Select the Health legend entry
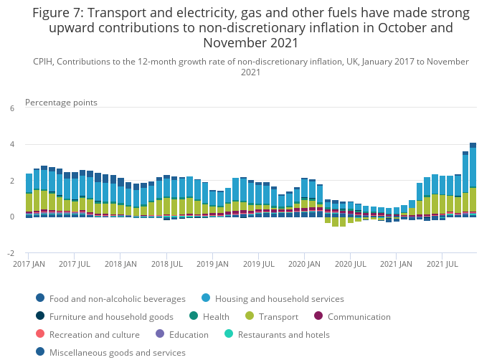[x=215, y=316]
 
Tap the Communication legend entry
[x=359, y=316]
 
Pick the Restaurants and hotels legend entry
[x=283, y=334]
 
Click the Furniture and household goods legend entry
[x=112, y=316]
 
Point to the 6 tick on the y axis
[x=11, y=108]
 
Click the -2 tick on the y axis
[x=11, y=253]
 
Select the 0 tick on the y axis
[x=11, y=217]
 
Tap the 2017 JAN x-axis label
[x=29, y=265]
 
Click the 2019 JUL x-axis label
[x=257, y=265]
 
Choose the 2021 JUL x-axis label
[x=442, y=265]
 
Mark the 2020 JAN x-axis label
[x=303, y=265]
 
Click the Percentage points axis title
[x=61, y=103]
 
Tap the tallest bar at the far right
[x=473, y=179]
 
